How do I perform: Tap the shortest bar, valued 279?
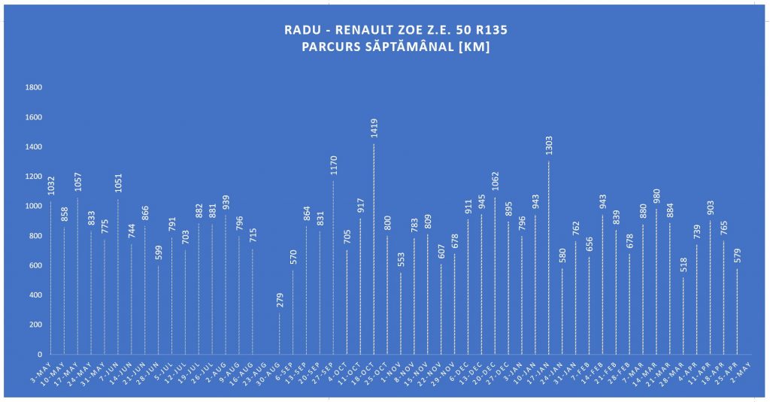click(x=280, y=334)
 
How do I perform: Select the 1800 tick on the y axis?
click(x=34, y=88)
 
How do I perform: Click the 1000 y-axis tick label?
click(x=34, y=206)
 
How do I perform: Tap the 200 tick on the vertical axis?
click(x=36, y=325)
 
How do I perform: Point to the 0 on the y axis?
click(x=40, y=354)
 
